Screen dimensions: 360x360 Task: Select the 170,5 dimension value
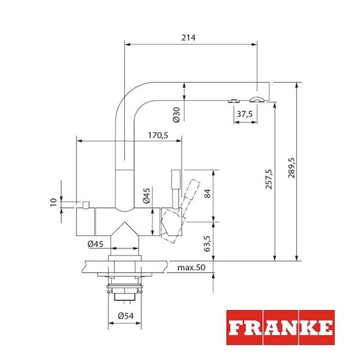point(157,136)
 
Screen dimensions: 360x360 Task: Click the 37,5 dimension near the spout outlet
point(244,113)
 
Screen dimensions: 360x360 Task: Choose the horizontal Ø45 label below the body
point(97,244)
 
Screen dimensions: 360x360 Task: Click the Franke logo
point(280,328)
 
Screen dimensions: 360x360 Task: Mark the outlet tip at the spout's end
point(257,98)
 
